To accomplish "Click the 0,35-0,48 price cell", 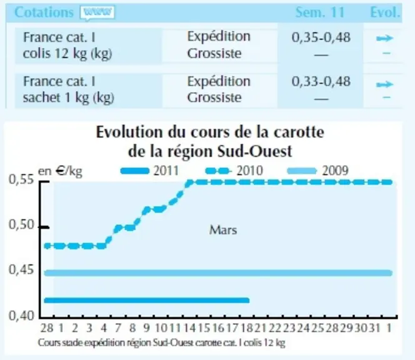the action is [x=321, y=37].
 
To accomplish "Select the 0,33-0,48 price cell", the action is [x=321, y=81].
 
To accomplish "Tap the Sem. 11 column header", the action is [x=320, y=12].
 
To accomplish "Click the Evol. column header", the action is [x=385, y=12].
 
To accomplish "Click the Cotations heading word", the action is [x=44, y=12].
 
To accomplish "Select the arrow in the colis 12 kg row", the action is [x=385, y=39].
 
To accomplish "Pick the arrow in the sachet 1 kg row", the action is [x=385, y=85].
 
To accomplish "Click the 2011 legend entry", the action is [x=149, y=171].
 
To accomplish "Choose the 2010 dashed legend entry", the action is [x=234, y=171].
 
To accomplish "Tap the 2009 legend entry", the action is [x=318, y=171].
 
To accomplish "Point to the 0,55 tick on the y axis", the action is [x=44, y=182].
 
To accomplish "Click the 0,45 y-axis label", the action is [x=22, y=270].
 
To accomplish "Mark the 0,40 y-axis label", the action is [x=22, y=316].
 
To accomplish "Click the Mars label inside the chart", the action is [x=223, y=230].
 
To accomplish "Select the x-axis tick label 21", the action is [x=261, y=328].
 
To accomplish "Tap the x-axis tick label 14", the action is [x=189, y=328].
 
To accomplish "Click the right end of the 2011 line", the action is [x=248, y=301].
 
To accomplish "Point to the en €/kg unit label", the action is [x=60, y=171].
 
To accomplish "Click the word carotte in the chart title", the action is [x=299, y=132].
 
